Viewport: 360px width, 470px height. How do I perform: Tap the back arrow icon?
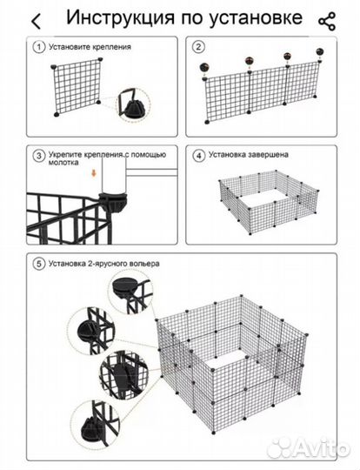[36, 22]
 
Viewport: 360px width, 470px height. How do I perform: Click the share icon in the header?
[327, 21]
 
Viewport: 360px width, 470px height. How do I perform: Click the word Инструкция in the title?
[120, 18]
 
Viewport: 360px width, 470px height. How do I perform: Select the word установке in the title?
[255, 18]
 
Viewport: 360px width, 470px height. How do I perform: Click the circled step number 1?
[39, 47]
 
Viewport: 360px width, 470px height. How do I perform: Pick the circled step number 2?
[198, 47]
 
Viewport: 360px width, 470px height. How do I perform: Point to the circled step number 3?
[39, 156]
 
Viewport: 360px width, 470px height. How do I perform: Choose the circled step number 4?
[198, 156]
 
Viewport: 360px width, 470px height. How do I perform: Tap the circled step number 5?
[39, 264]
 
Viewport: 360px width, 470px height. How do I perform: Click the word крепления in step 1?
[111, 47]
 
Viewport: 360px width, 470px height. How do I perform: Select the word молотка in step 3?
[63, 163]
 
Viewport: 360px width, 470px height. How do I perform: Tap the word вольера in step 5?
[144, 264]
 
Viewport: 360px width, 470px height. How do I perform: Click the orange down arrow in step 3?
[94, 173]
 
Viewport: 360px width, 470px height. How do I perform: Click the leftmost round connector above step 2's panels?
[204, 67]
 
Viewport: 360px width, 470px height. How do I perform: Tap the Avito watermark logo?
[309, 448]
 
